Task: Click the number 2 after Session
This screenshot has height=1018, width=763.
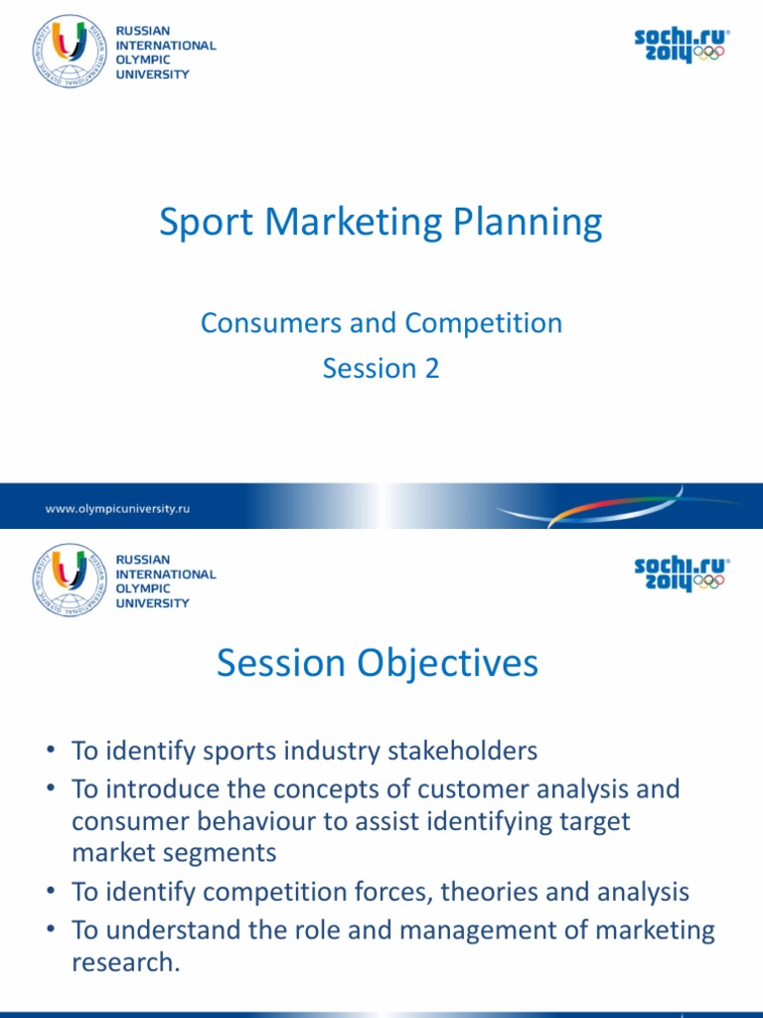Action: click(x=431, y=368)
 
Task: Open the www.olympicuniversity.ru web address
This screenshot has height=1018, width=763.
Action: click(x=117, y=508)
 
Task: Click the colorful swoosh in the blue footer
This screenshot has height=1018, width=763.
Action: click(x=596, y=509)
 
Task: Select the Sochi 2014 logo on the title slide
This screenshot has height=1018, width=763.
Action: click(x=681, y=46)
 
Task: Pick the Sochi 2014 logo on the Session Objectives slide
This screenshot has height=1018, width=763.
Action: click(x=681, y=575)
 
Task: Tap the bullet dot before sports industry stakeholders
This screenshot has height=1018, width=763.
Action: click(x=55, y=752)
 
